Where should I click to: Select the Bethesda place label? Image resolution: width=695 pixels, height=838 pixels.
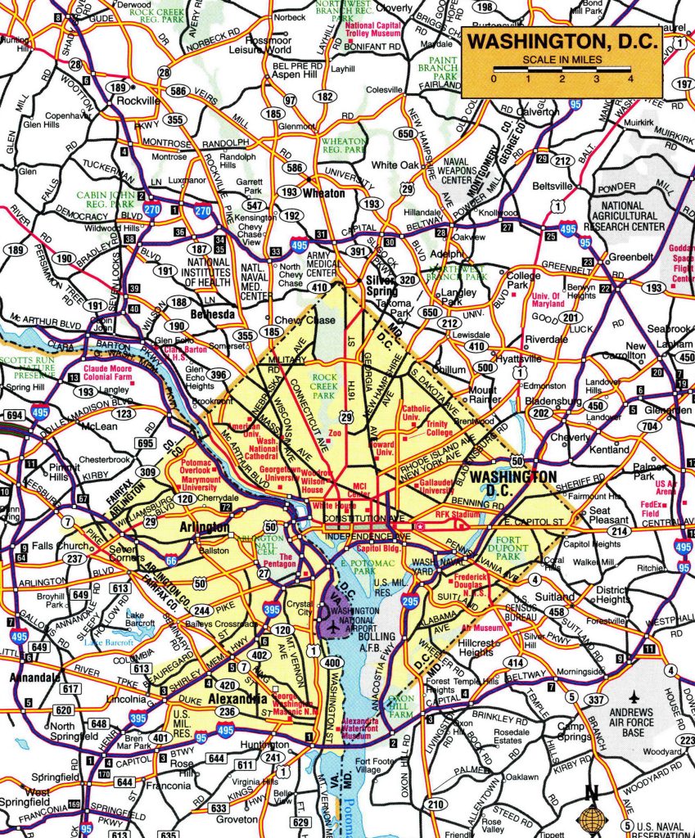click(213, 313)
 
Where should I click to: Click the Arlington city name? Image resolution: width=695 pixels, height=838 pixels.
click(205, 528)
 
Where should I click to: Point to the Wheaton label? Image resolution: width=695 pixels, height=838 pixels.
click(325, 194)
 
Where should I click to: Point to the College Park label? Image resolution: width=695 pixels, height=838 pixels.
click(523, 281)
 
